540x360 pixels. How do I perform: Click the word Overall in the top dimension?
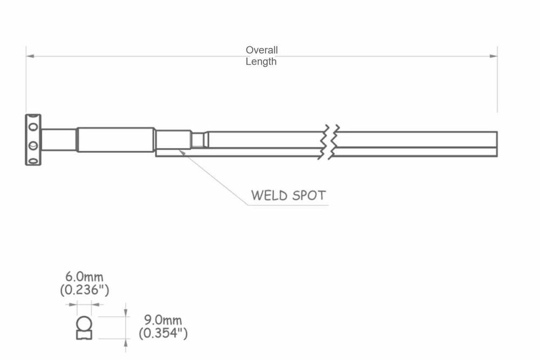(262, 50)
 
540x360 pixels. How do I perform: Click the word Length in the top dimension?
(261, 62)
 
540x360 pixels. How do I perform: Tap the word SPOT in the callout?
(309, 195)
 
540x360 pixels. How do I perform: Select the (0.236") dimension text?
(85, 290)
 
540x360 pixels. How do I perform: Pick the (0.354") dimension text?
(163, 334)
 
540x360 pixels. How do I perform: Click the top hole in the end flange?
(33, 128)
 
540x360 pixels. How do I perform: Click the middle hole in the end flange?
(33, 145)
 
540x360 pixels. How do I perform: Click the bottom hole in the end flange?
(33, 160)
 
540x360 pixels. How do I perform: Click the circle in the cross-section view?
(84, 323)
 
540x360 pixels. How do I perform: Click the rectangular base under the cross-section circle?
(84, 335)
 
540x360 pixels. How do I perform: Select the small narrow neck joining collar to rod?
(199, 140)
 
